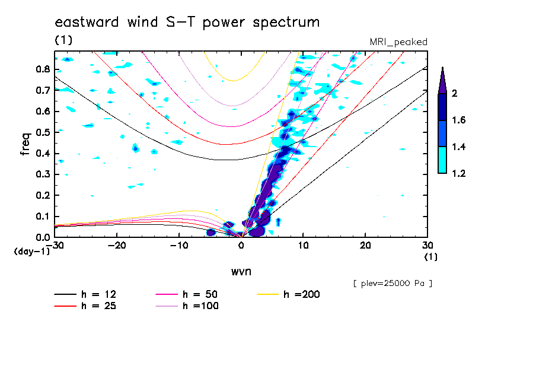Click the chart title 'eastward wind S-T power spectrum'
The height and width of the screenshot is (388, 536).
click(187, 23)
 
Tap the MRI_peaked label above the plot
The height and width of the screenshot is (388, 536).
click(398, 42)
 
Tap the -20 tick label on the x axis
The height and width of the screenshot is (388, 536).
click(117, 246)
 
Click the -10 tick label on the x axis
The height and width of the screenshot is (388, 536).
click(178, 246)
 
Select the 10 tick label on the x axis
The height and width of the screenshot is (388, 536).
click(303, 246)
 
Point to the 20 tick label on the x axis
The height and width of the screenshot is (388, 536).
click(365, 246)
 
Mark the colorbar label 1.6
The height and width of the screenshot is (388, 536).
click(459, 120)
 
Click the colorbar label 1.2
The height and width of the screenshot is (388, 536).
click(459, 174)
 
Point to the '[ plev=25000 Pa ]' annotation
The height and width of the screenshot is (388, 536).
click(393, 284)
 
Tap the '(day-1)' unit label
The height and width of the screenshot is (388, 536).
click(31, 252)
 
